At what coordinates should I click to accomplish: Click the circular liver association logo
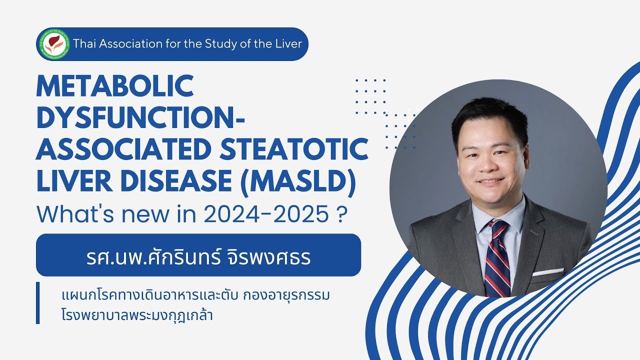(x=53, y=44)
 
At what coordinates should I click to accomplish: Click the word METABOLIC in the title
(x=114, y=86)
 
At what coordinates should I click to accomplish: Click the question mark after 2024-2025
(x=342, y=214)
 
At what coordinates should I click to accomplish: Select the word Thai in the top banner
(x=83, y=44)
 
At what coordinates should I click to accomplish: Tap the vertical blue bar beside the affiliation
(x=38, y=303)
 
